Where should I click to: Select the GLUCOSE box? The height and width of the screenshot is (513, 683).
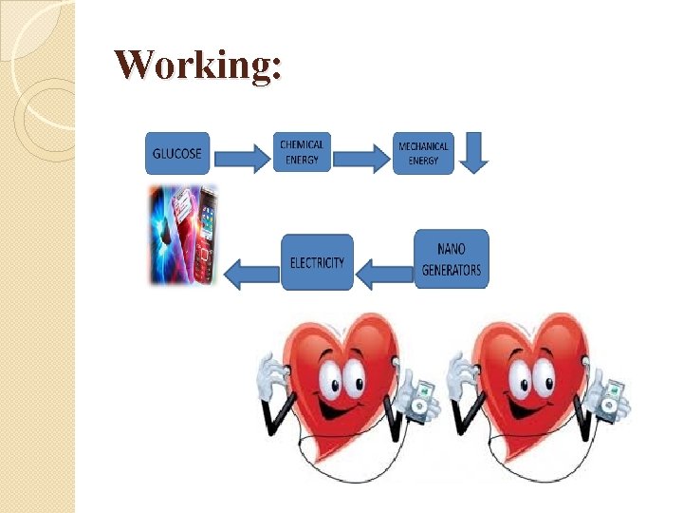[x=177, y=153]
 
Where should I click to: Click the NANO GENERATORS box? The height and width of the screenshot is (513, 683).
[x=452, y=258]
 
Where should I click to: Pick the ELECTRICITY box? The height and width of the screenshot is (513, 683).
[x=317, y=262]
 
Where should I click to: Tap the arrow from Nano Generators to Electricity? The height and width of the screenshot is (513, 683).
[x=383, y=274]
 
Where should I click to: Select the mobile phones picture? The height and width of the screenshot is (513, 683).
[x=183, y=234]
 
